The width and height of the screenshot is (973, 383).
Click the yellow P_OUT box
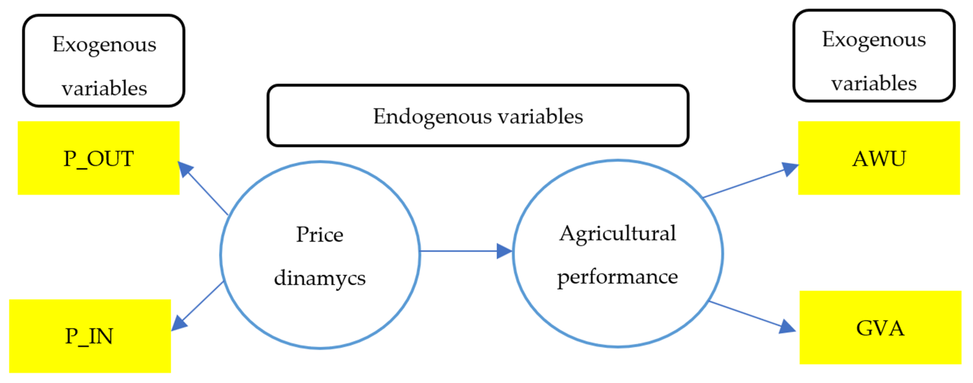pos(98,158)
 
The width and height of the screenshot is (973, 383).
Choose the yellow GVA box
pos(880,327)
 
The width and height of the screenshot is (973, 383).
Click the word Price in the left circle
pos(319,234)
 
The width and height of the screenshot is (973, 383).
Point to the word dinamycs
pos(319,278)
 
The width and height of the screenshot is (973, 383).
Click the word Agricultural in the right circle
pos(617,234)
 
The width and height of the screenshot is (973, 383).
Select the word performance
pos(617,277)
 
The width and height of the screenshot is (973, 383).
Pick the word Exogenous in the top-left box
pos(104,45)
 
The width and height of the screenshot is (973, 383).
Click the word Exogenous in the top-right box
pos(874,40)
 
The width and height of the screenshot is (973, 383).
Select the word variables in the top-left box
pos(104,88)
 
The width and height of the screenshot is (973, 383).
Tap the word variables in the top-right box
pos(874,83)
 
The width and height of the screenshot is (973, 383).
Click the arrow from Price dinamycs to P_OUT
pos(204,189)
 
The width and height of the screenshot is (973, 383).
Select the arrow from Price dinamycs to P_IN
pos(198,306)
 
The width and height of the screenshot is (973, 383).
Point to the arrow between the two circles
pos(464,251)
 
